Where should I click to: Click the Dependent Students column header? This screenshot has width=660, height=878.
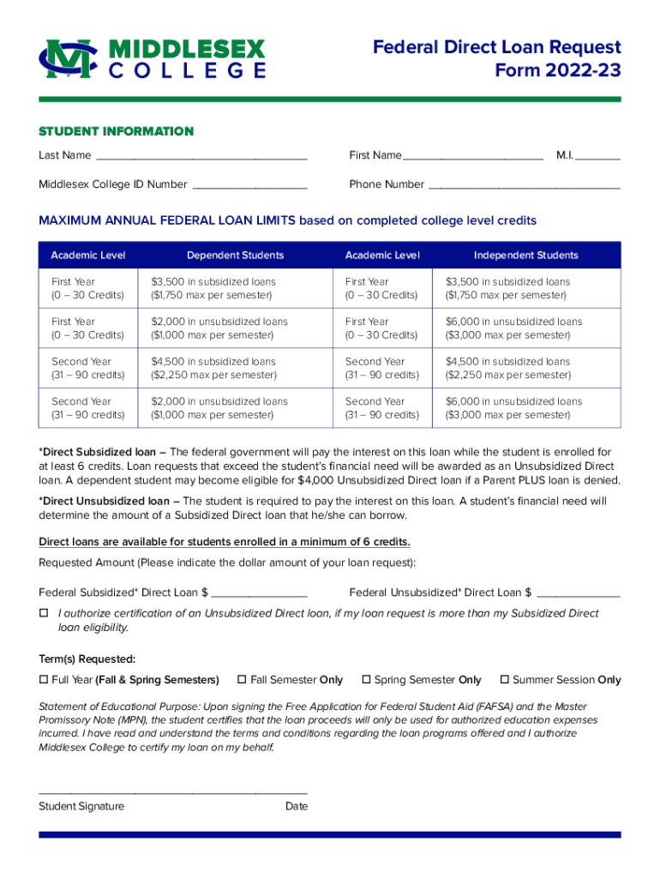click(235, 256)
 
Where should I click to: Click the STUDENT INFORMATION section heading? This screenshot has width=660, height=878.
click(116, 131)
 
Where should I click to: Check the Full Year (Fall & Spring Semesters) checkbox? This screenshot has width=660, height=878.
click(44, 680)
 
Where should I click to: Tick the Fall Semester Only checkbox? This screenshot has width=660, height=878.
click(243, 680)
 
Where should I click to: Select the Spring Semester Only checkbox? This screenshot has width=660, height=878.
click(366, 680)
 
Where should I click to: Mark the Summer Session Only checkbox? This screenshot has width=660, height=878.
click(505, 680)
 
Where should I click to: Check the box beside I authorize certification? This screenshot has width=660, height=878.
click(44, 614)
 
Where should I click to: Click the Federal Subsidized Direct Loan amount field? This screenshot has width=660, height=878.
click(259, 592)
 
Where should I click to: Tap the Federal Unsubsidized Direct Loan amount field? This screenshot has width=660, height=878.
click(579, 592)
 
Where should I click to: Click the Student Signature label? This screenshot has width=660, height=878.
click(81, 806)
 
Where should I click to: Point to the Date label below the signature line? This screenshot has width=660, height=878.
click(297, 806)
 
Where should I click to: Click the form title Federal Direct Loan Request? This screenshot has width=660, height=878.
click(496, 48)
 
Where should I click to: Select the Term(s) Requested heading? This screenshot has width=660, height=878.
click(87, 659)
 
